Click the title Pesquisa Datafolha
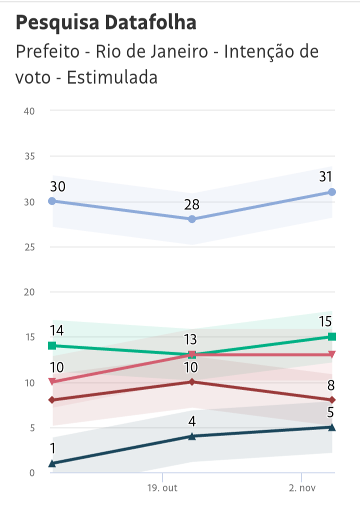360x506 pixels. [106, 23]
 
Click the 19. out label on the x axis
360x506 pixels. [162, 488]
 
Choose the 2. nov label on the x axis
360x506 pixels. [302, 488]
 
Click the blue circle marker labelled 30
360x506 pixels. [52, 201]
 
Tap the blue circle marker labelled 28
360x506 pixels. [192, 219]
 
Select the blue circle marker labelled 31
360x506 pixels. [332, 192]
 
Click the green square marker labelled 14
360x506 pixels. [52, 346]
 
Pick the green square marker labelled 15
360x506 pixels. [332, 337]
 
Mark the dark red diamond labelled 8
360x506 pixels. [332, 400]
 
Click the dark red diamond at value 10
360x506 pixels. [192, 382]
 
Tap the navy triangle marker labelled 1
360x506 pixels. [52, 464]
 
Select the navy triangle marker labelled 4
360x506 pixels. [192, 436]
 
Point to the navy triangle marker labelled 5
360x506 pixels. [332, 427]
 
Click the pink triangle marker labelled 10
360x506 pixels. [52, 382]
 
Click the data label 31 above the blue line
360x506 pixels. [326, 177]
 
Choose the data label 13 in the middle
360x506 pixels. [190, 340]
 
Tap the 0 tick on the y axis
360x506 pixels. [31, 473]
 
